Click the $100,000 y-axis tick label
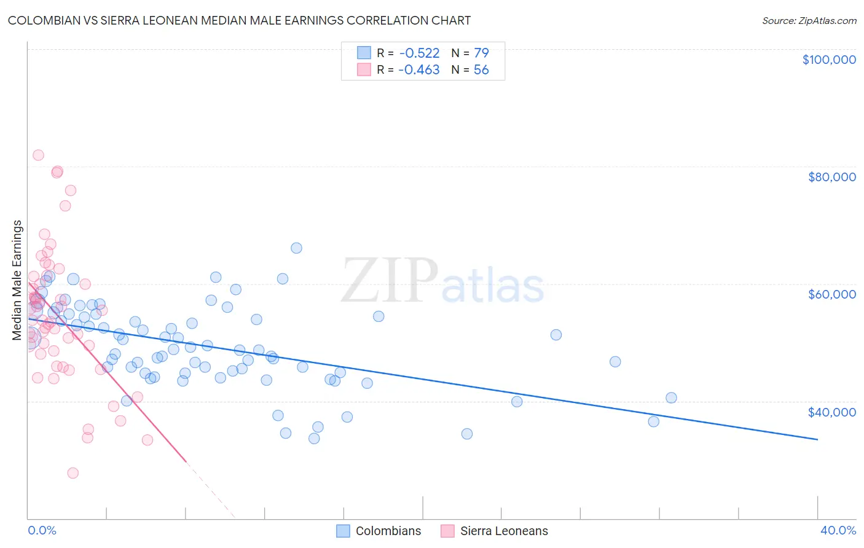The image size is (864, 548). coord(828,60)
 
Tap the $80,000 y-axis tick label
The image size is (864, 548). coord(831,177)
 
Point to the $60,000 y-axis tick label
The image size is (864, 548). coord(831,294)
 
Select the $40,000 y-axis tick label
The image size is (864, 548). coord(831,412)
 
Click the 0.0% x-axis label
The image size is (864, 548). coord(42,530)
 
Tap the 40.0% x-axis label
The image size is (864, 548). coord(838,530)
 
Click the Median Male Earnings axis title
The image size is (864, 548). coord(17,280)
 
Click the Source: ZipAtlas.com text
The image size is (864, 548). coord(809,21)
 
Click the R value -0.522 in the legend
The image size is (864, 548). coord(418,53)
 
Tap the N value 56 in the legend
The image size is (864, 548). coord(481,70)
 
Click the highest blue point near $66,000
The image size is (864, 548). coord(296,248)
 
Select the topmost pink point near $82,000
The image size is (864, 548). coord(38,155)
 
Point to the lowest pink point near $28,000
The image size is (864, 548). coord(73,473)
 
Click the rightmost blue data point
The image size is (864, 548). coord(671,397)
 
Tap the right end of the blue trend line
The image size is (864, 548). coord(817,439)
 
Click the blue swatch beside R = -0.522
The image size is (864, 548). coord(364,53)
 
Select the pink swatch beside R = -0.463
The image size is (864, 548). coord(364,70)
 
